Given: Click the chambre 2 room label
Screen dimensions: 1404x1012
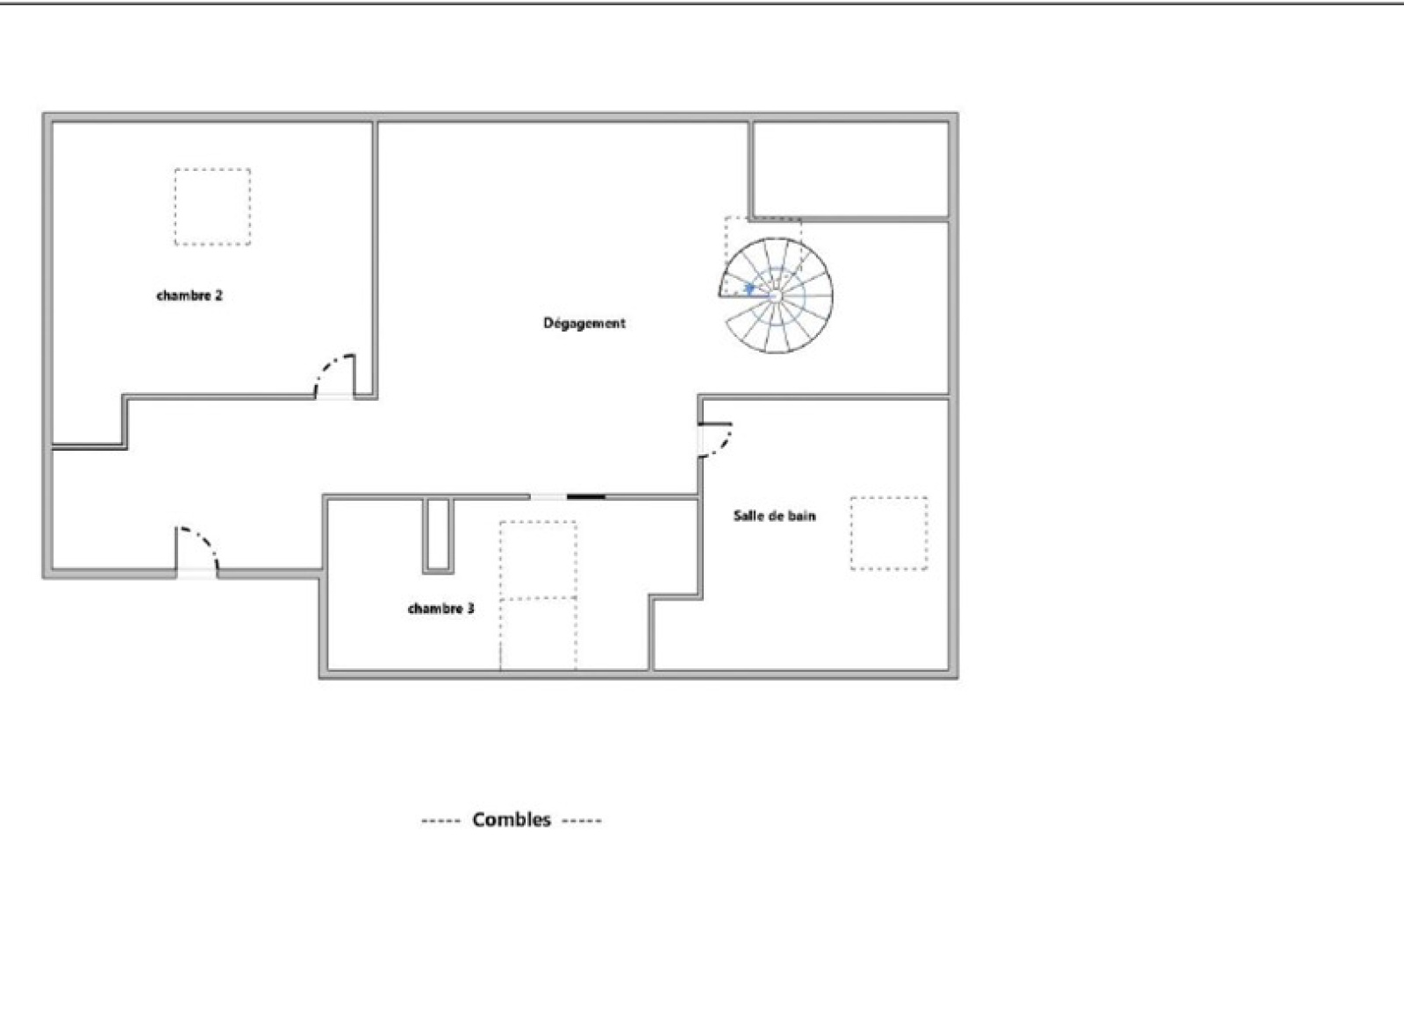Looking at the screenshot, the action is tap(190, 296).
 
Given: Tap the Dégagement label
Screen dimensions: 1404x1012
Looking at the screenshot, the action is tap(584, 323).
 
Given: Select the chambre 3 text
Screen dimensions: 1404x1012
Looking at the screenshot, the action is tap(441, 609).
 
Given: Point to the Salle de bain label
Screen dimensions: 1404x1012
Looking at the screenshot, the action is tap(775, 516).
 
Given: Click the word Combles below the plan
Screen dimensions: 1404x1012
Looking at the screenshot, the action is tap(512, 820).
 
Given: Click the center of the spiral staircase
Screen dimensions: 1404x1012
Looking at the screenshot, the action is tap(776, 295).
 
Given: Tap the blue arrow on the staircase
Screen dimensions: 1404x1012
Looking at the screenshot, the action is tap(749, 288).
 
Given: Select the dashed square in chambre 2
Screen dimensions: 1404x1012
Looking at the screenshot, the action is tap(212, 207).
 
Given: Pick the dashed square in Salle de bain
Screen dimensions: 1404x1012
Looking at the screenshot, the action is tap(889, 533).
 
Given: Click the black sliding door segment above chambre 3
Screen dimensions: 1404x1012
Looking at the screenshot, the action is tap(586, 497).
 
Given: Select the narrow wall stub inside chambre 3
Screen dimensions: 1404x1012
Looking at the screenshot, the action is tap(438, 536).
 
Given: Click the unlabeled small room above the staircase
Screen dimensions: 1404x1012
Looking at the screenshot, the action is tap(850, 169).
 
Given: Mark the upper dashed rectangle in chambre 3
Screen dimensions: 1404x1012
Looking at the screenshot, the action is tap(538, 559).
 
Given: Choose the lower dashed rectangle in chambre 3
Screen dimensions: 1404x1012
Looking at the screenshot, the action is tap(538, 634).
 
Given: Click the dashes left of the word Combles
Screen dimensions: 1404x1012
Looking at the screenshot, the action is tap(441, 821).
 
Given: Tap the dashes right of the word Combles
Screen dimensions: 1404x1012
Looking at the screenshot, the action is tap(582, 821).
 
